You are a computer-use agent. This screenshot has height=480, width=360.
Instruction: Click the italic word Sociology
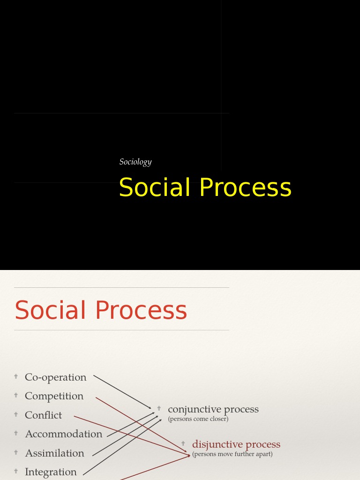pyautogui.click(x=135, y=162)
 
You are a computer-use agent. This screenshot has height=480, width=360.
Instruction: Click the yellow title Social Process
pyautogui.click(x=205, y=187)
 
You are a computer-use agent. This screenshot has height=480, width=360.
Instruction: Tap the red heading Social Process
pyautogui.click(x=101, y=310)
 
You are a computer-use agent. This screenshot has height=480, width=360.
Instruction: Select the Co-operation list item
pyautogui.click(x=55, y=377)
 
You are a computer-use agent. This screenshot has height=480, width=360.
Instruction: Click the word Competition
pyautogui.click(x=54, y=396)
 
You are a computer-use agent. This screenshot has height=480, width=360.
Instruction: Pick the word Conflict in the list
pyautogui.click(x=43, y=415)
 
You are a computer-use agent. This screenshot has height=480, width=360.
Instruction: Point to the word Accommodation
pyautogui.click(x=63, y=434)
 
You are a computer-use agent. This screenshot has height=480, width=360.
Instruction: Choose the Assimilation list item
pyautogui.click(x=54, y=453)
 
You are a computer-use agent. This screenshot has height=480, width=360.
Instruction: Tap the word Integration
pyautogui.click(x=51, y=472)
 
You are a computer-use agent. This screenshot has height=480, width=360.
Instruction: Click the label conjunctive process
pyautogui.click(x=213, y=409)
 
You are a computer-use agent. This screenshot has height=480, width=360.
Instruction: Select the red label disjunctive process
pyautogui.click(x=236, y=444)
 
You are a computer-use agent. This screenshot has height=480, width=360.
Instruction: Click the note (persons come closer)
pyautogui.click(x=198, y=419)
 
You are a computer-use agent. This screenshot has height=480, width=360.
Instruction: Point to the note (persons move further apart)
pyautogui.click(x=232, y=454)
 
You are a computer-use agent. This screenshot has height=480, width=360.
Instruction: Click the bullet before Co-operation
pyautogui.click(x=16, y=376)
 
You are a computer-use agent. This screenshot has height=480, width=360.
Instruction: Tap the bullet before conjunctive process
pyautogui.click(x=159, y=408)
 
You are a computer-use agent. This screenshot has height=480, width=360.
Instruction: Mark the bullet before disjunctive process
pyautogui.click(x=183, y=443)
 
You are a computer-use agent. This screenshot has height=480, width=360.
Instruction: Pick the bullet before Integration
pyautogui.click(x=16, y=471)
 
